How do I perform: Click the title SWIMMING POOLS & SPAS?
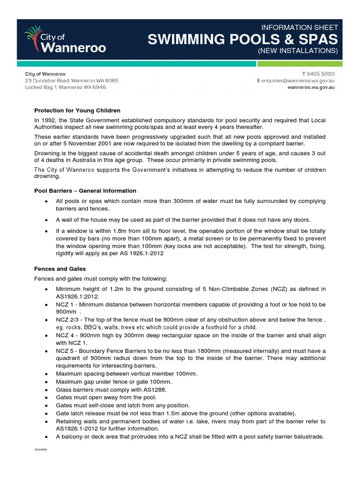242,39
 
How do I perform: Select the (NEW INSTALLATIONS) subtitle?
298,51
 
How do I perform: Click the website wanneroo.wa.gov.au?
311,87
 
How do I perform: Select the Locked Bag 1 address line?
65,87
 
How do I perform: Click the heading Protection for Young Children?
77,111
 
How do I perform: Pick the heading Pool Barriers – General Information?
85,191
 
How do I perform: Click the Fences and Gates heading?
60,269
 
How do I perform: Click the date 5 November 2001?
77,143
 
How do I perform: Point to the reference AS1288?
155,390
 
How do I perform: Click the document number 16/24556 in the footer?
40,449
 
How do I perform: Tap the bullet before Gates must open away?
46,397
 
